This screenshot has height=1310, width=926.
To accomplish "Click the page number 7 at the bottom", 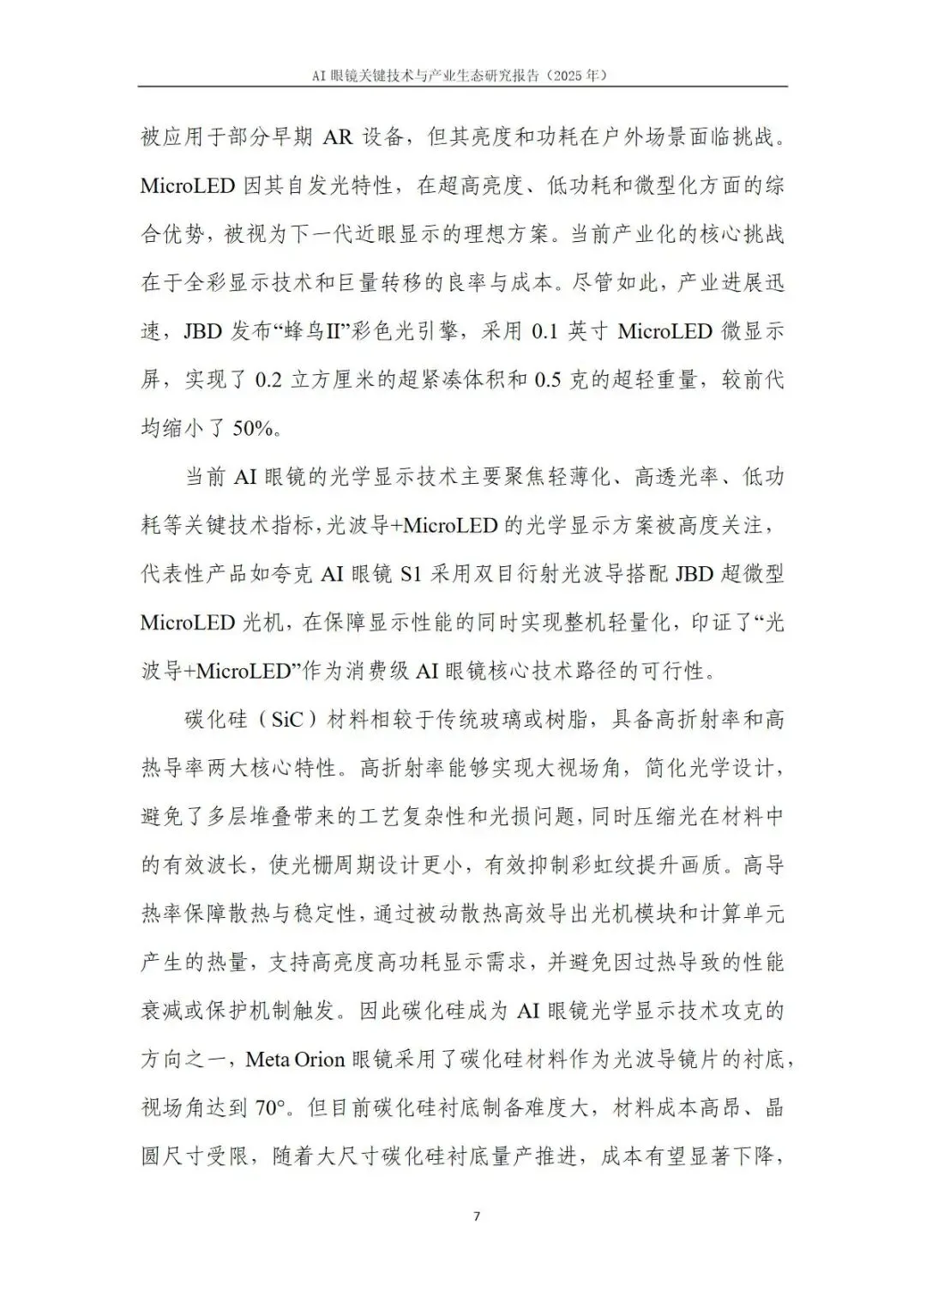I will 477,1216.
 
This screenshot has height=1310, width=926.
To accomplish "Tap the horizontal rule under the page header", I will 463,86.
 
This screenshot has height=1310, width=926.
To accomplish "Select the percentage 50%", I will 256,427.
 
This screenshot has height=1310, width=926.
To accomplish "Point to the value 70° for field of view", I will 270,1108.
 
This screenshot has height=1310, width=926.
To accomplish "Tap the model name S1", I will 411,573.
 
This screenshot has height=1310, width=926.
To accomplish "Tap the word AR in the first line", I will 338,136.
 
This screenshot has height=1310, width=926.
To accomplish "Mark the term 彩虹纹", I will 647,865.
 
